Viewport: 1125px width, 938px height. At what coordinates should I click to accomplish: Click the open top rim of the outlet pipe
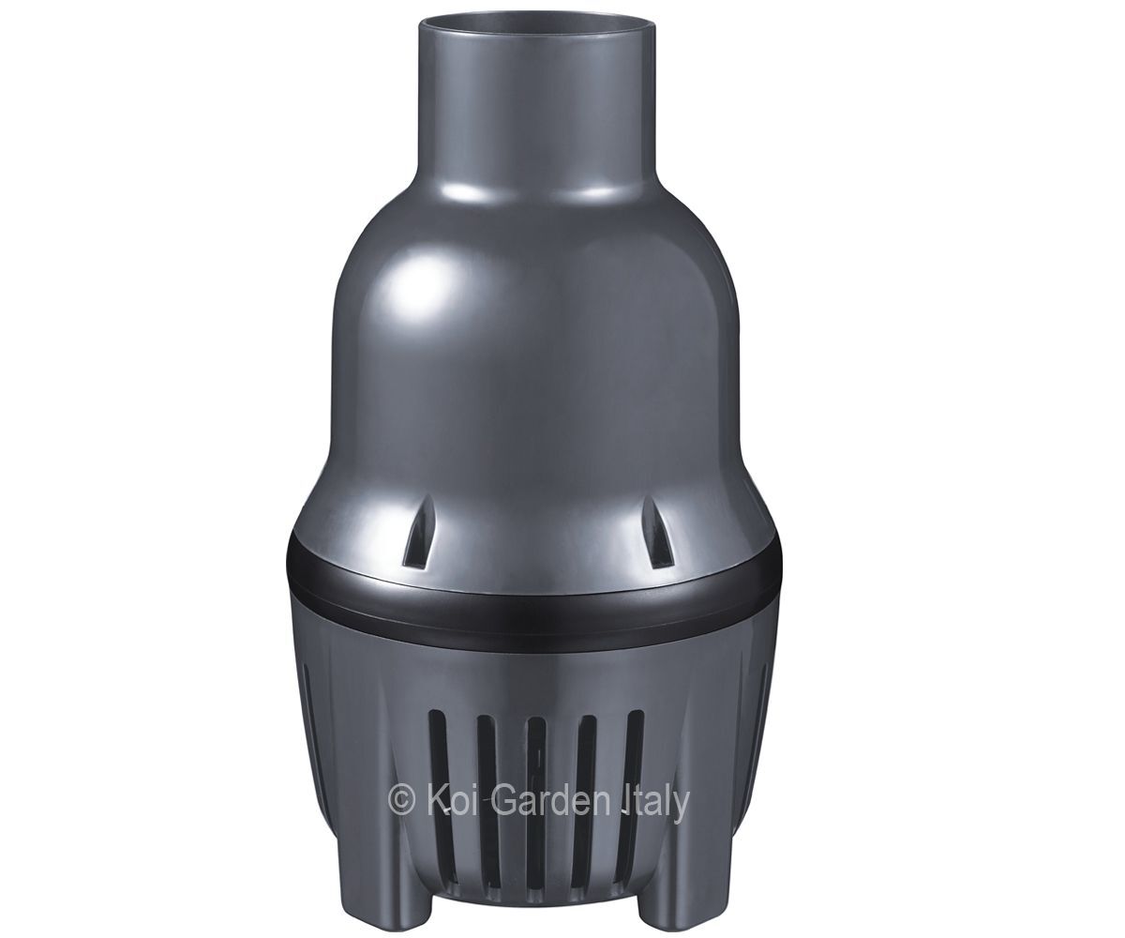538,22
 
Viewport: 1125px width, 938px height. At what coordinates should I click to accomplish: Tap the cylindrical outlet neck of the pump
538,108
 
